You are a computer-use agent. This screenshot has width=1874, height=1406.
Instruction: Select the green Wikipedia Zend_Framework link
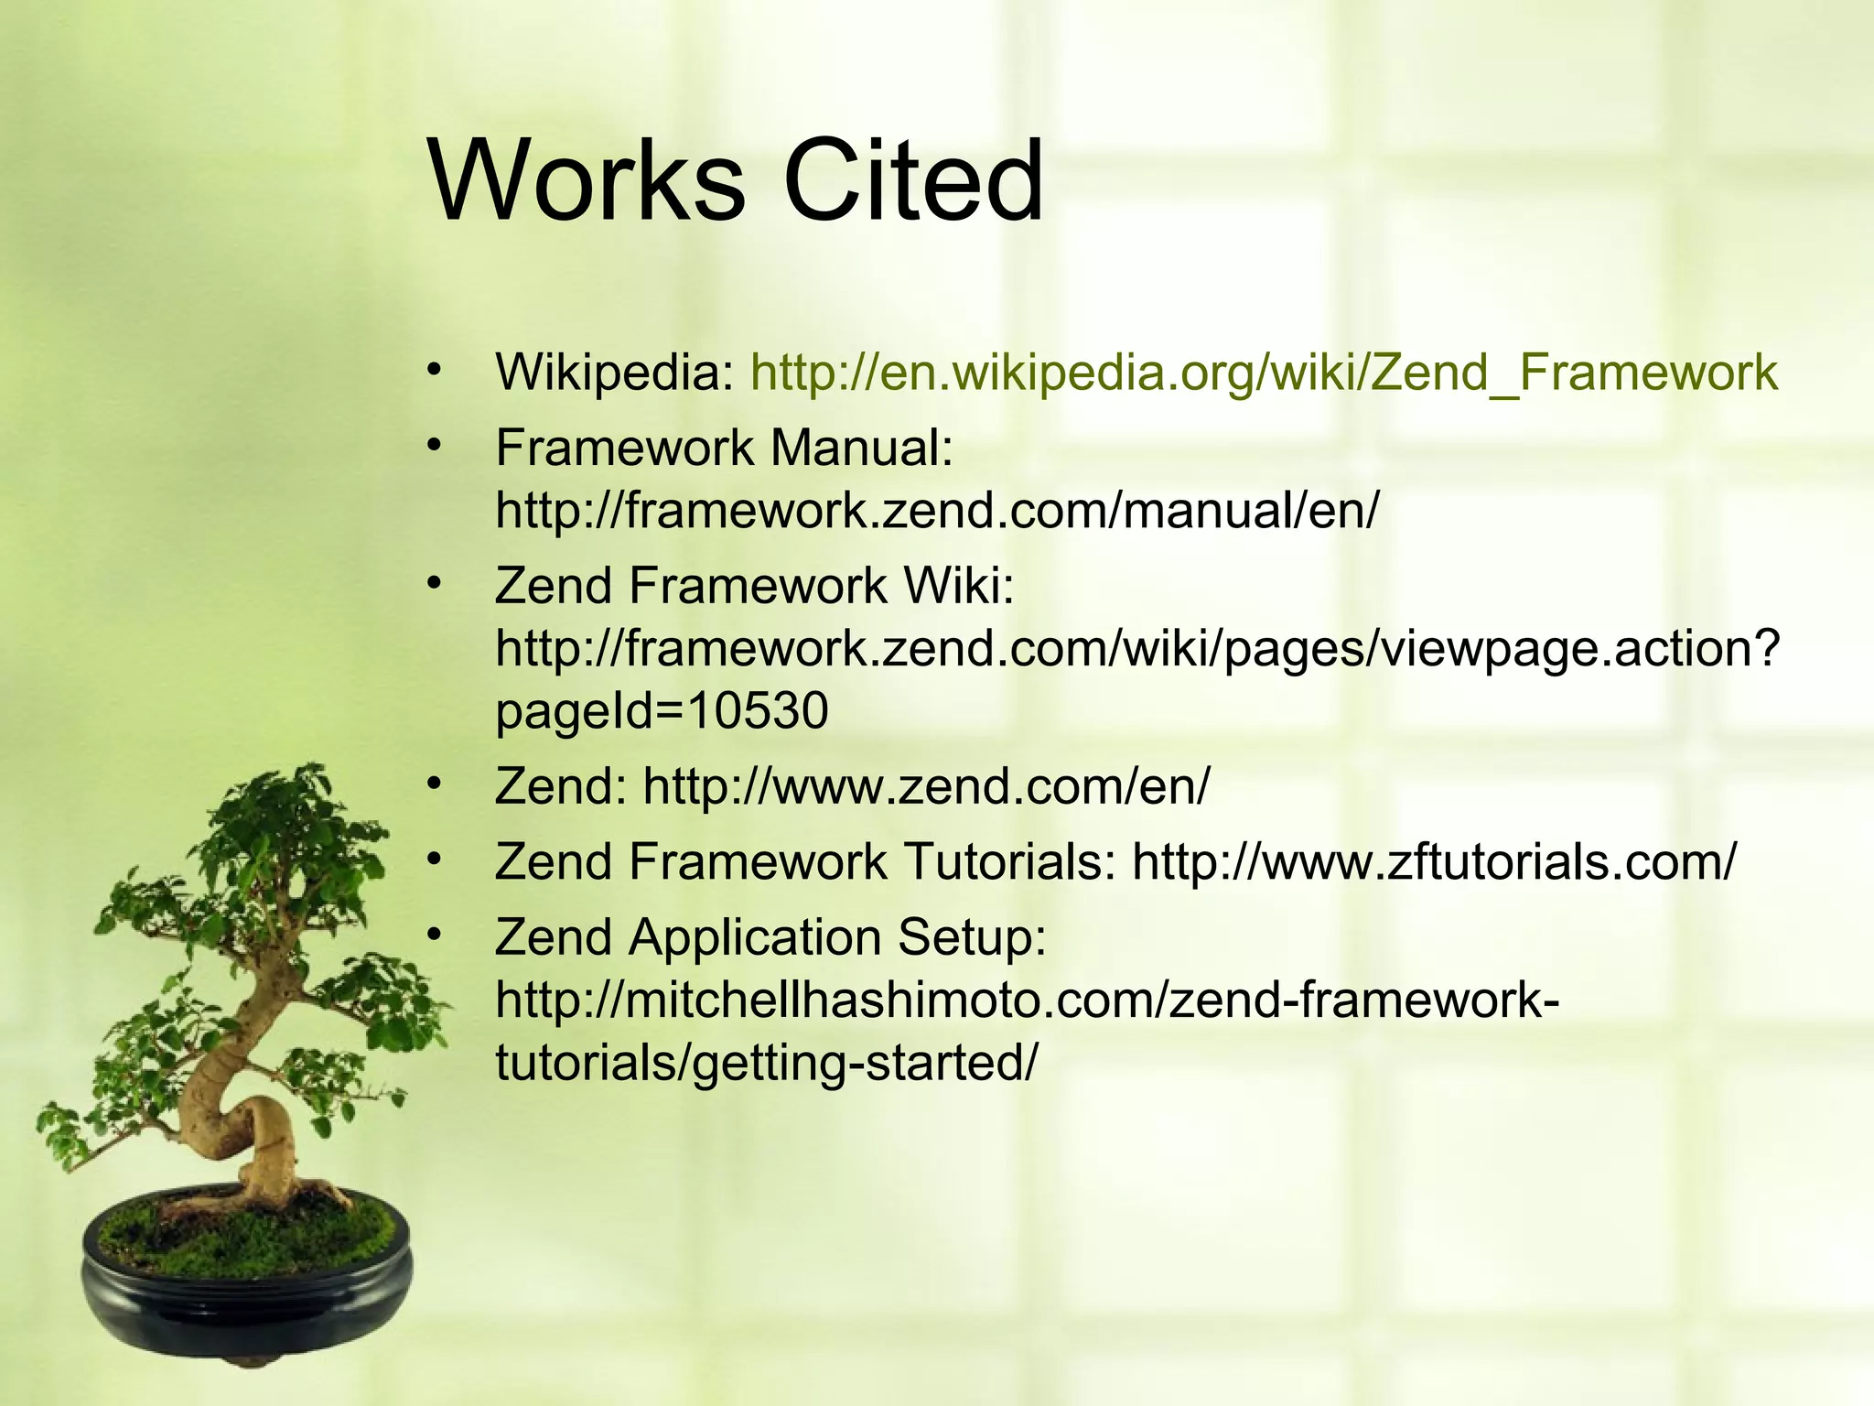coord(1264,373)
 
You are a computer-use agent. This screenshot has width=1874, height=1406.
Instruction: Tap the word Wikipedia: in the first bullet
coord(614,373)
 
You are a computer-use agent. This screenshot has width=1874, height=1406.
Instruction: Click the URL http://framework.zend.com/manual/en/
coord(936,510)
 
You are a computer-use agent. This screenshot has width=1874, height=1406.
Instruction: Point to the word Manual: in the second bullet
coord(861,449)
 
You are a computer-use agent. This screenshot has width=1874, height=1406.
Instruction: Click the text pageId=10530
coord(662,710)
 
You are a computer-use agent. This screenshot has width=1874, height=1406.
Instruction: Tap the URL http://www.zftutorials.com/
coord(1433,862)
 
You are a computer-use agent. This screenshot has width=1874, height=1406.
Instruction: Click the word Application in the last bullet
coord(755,937)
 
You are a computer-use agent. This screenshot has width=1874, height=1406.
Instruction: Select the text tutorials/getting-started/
coord(767,1062)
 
